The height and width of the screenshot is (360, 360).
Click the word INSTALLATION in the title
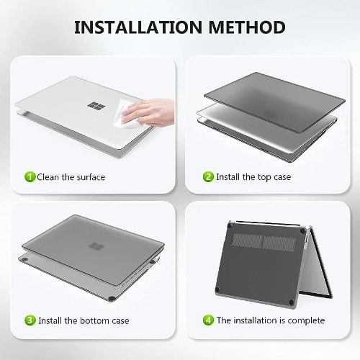pos(138,27)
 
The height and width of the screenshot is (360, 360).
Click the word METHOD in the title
pos(247,27)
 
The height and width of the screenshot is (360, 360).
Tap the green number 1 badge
pos(30,177)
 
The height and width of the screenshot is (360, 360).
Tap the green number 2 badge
pos(208,177)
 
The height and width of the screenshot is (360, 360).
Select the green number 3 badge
pos(30,320)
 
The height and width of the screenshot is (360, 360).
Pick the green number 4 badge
pos(208,320)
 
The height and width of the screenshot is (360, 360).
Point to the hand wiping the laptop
pos(149,112)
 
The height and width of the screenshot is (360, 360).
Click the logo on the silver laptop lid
pos(96,106)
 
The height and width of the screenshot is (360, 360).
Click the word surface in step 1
pos(91,177)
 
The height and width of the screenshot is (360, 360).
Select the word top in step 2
pos(264,177)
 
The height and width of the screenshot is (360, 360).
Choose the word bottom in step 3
pos(94,320)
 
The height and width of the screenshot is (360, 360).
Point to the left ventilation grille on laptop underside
pos(247,240)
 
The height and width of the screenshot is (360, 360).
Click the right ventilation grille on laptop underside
pos(279,243)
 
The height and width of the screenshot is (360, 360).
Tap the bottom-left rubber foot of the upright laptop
pos(217,289)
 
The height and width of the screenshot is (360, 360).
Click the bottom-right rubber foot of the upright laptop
pos(292,302)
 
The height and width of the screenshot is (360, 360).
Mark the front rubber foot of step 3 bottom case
pos(111,299)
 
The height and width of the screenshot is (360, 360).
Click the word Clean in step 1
pos(48,177)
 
